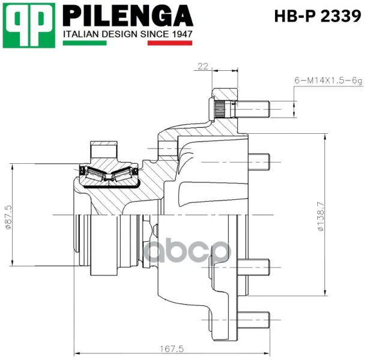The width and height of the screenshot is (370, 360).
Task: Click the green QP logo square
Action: coord(29,25)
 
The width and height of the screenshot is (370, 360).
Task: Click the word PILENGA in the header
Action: coord(128,16)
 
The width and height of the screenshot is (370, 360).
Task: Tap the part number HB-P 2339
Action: coord(318,16)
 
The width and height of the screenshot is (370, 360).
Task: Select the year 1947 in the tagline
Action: coord(182,34)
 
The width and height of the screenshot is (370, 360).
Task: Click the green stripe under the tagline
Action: coord(85,43)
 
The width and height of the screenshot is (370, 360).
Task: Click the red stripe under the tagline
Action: coord(169,43)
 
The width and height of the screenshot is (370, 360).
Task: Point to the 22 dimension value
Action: coord(203,67)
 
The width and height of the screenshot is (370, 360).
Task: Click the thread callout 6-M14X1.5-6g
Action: coord(328,80)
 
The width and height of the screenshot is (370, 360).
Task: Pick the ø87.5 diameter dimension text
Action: coord(8,217)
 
